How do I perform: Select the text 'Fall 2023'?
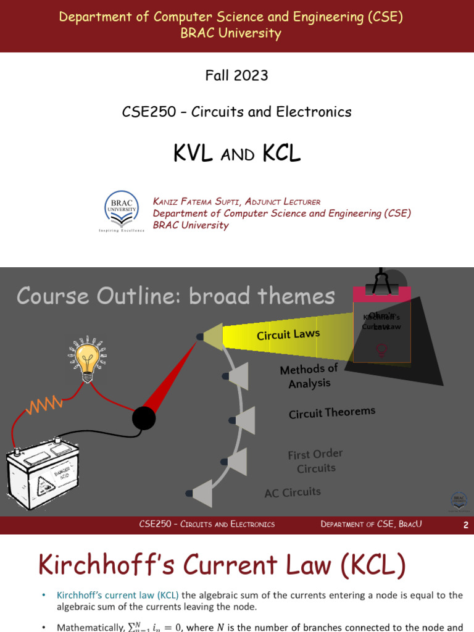pos(236,75)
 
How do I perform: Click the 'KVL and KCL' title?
pos(236,154)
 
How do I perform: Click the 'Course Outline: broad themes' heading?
pos(175,296)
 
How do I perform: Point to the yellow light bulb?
pos(87,357)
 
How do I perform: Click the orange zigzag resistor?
pos(43,405)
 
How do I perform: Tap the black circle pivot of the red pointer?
pos(144,419)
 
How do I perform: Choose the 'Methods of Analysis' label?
pos(309,376)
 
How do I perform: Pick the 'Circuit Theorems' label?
pos(331,412)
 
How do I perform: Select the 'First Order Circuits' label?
pos(315,461)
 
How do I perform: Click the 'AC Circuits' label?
pos(293,493)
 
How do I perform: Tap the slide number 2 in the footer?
pos(466,525)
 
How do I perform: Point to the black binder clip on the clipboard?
pos(381,281)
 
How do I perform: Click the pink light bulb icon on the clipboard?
pos(382,350)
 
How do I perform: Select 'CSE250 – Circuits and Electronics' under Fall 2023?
pos(237,112)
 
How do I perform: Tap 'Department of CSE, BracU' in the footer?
pos(372,524)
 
